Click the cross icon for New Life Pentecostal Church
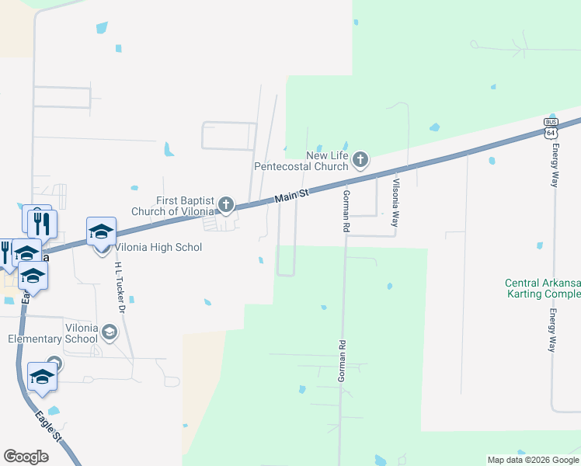pos(360,160)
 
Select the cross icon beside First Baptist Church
pos(225,205)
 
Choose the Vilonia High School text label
pos(158,248)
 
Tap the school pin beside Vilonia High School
pos(101,232)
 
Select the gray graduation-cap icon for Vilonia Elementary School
pos(110,333)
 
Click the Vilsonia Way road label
pos(395,202)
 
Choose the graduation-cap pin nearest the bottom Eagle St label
pos(42,377)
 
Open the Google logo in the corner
pos(26,457)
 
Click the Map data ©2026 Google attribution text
pos(532,460)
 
